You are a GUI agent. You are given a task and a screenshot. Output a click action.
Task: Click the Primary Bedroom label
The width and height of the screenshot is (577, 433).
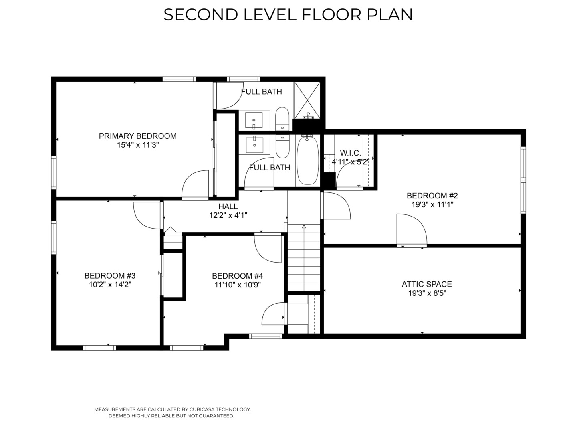click(x=137, y=136)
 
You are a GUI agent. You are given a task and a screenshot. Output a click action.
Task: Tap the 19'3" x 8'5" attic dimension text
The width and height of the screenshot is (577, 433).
click(x=427, y=293)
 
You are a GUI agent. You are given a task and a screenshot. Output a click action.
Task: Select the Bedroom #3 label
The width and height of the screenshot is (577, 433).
click(x=110, y=276)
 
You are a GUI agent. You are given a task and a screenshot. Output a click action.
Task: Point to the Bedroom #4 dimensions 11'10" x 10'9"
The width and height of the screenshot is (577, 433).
click(x=237, y=285)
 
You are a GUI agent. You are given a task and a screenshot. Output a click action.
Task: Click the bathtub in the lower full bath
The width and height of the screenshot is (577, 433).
click(x=308, y=160)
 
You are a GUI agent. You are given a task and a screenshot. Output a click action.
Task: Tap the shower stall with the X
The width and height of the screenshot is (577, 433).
click(x=307, y=100)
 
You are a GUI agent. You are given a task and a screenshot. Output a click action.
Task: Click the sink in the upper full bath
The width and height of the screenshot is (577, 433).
click(x=254, y=120)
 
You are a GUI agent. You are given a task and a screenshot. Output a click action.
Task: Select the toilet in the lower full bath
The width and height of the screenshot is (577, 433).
click(x=282, y=146)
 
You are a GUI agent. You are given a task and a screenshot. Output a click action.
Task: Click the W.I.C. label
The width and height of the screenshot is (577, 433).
click(x=350, y=153)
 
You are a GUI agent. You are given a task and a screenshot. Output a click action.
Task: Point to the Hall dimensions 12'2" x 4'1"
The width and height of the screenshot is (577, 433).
click(x=228, y=216)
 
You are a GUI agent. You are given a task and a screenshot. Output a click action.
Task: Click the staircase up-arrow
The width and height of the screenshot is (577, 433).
click(x=304, y=227)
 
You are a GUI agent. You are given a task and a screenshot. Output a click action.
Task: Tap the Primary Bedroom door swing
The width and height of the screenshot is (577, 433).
click(x=195, y=184)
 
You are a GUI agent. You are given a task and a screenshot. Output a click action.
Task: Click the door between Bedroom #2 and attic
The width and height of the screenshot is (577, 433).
click(x=412, y=230)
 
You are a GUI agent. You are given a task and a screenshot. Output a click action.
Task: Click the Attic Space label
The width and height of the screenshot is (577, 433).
click(x=427, y=284)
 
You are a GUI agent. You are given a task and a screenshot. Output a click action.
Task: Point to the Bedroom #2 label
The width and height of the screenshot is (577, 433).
click(x=432, y=196)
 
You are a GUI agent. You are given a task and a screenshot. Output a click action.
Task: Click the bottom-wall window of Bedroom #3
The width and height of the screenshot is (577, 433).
click(x=99, y=348)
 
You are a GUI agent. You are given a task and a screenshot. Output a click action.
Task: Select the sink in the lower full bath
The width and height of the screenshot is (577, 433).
click(x=254, y=145)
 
